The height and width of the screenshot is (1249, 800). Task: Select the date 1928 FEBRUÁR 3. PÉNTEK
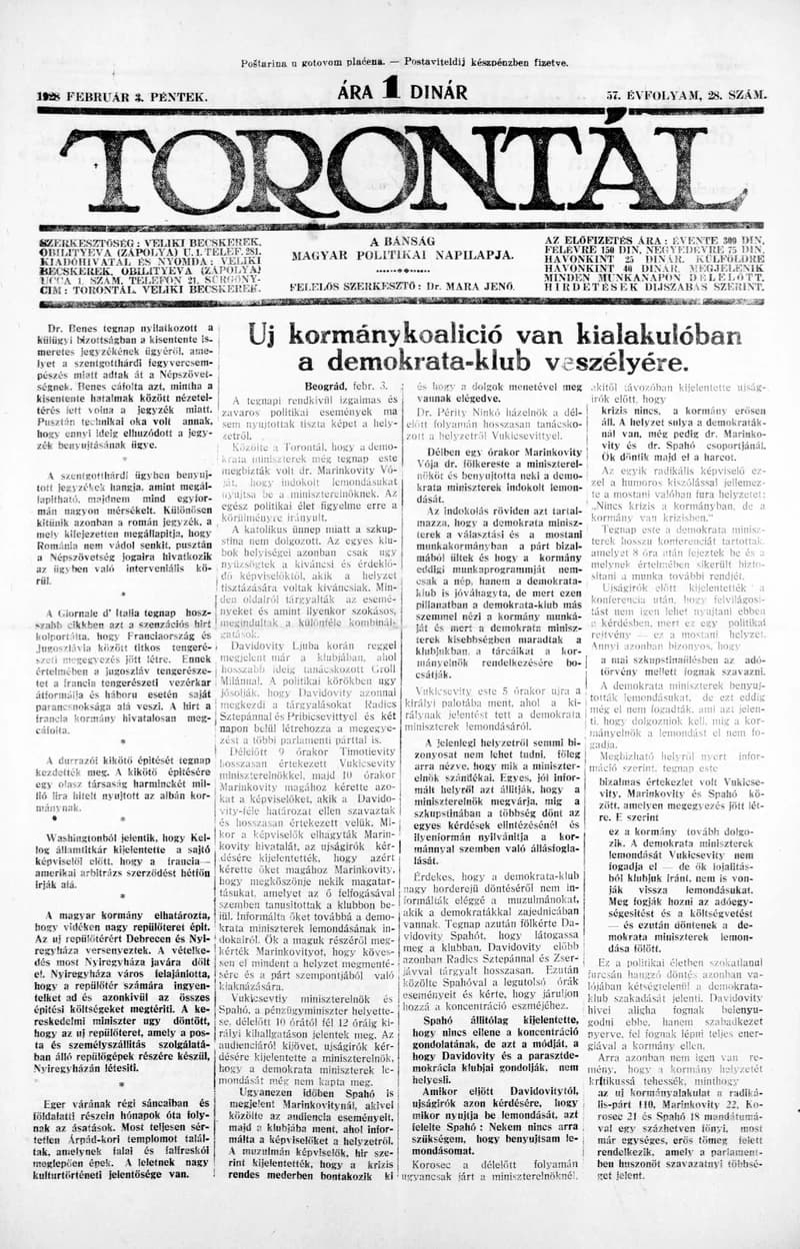point(121,96)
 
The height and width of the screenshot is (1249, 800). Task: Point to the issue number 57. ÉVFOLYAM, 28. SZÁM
point(686,95)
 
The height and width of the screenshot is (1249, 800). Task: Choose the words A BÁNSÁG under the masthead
point(401,242)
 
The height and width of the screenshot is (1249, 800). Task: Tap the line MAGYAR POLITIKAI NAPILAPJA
point(403,256)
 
